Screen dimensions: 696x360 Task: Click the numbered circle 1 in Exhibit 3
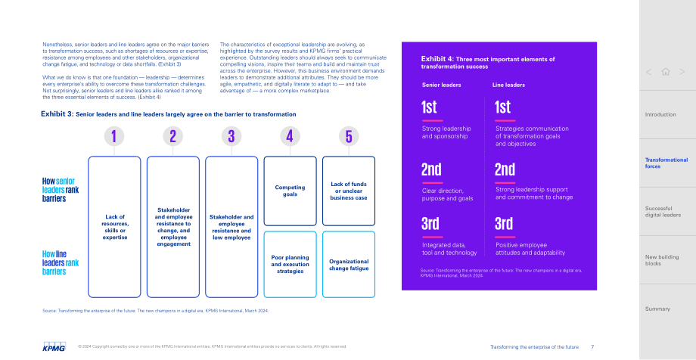114,136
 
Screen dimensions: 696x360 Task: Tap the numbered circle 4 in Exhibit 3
290,136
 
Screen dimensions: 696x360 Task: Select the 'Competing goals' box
290,191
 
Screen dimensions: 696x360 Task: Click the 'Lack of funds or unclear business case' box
349,191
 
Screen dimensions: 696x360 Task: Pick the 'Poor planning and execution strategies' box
290,264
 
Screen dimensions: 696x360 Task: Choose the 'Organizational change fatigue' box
349,264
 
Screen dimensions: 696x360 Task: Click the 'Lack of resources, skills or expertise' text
114,227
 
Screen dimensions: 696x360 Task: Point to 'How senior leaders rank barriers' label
61,190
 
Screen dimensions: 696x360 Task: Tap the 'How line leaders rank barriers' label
61,262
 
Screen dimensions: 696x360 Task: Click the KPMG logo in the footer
54,346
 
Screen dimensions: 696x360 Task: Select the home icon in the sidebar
666,72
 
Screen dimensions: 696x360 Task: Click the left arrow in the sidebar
648,72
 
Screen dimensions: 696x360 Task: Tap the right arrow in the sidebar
682,72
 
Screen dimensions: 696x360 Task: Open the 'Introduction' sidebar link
660,114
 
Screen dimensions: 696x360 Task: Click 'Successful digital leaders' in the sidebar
663,212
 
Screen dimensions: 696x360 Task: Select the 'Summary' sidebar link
657,309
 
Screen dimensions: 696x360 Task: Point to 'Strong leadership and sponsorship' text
446,132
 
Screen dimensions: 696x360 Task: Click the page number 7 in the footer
592,346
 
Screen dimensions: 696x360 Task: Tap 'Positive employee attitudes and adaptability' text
530,249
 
